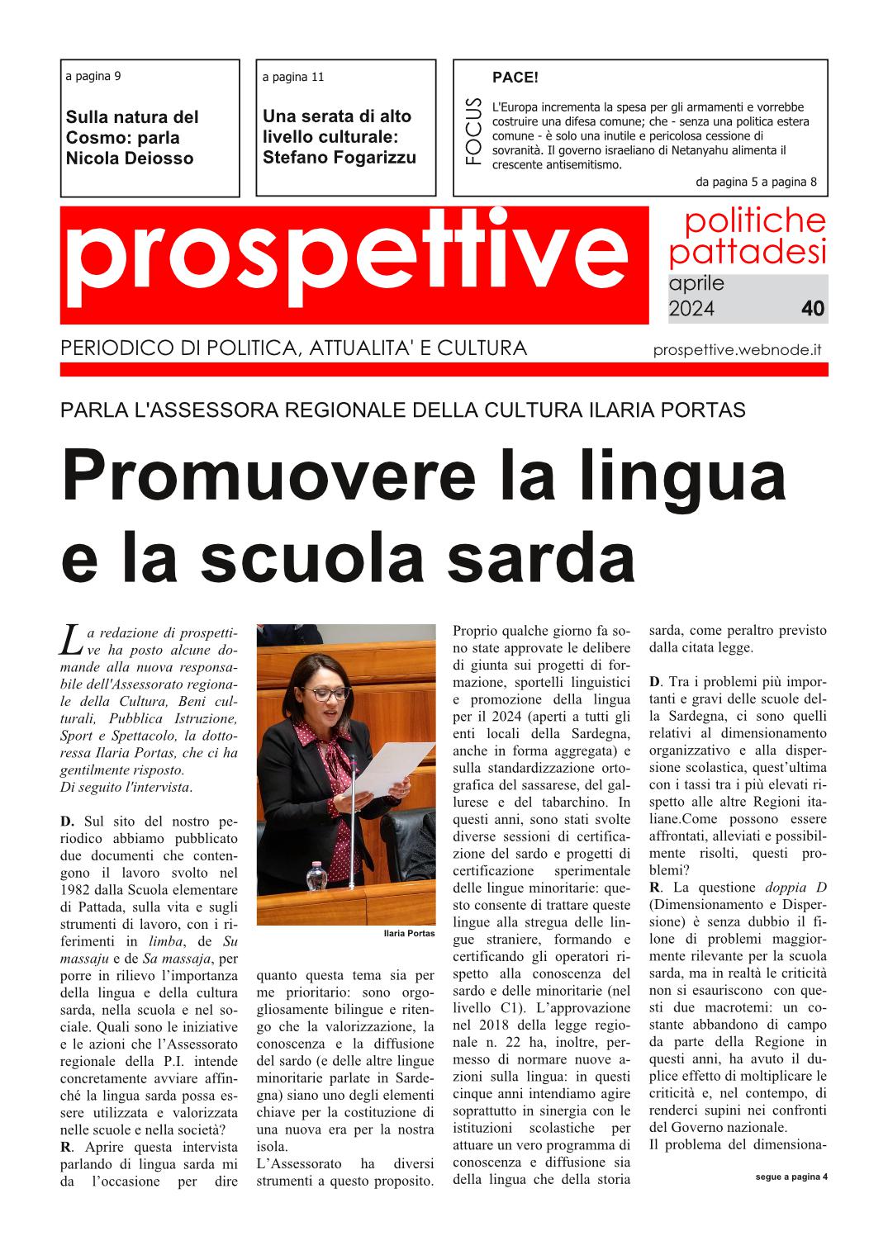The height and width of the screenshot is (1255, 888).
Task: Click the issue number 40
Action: pos(812,309)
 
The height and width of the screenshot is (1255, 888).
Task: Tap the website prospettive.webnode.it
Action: pos(737,349)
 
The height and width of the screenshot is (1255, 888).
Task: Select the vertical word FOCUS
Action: pos(472,131)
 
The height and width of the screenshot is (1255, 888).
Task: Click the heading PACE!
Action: pos(515,78)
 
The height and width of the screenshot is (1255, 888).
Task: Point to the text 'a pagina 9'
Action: pos(93,77)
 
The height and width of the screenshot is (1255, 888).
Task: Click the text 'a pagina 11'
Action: pos(292,78)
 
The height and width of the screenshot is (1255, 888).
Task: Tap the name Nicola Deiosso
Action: pos(129,159)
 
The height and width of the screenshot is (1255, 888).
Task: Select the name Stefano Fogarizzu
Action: pos(340,158)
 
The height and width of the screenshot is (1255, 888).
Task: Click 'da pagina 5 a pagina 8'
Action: pos(756,182)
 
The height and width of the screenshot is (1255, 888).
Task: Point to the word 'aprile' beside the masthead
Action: pos(696,283)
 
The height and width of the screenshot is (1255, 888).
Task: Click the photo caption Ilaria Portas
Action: pos(409,933)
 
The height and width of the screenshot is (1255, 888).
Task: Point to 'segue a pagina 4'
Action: pos(791,1177)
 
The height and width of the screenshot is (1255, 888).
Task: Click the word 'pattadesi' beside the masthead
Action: pos(747,251)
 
